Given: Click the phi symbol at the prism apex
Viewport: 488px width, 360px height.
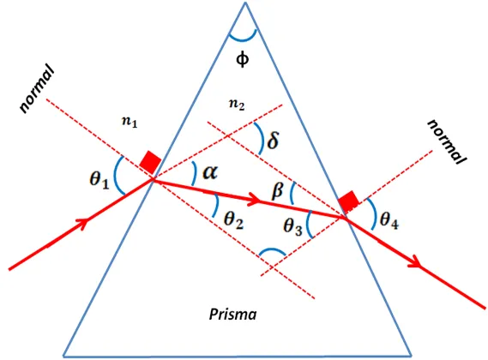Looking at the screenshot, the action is pos(243,59).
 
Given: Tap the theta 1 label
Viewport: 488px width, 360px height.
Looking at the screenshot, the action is pos(99,180).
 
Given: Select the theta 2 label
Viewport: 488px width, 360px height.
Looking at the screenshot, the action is pos(234,220).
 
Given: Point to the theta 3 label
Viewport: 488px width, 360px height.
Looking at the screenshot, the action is pos(292,225).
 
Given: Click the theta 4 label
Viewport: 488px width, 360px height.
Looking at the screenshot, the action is pos(389,220).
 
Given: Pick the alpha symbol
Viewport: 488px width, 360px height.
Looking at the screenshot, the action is pos(210,171).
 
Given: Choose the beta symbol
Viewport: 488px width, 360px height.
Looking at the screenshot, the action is pos(278,191).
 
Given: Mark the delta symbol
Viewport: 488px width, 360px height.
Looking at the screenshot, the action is pos(273,140).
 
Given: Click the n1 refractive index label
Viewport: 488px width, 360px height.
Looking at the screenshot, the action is pos(130,122).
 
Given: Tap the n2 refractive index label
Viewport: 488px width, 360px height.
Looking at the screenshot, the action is pos(237,105).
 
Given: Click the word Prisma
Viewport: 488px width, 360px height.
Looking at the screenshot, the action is pos(232,315).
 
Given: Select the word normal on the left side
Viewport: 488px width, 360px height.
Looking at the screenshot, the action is pos(36,88).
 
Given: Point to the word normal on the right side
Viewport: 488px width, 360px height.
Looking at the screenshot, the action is pos(447,141).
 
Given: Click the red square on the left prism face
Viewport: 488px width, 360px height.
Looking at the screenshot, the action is pos(150,162).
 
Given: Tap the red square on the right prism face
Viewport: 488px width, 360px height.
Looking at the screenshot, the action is pos(348,201).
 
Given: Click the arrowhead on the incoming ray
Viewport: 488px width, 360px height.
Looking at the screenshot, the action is pos(83,223).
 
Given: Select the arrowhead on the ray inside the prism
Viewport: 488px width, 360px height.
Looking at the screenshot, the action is pos(255,200).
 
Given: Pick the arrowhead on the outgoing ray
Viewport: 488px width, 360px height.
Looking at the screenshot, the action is pos(417,261).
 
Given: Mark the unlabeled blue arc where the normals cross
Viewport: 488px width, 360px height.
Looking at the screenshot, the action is pos(273,249).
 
